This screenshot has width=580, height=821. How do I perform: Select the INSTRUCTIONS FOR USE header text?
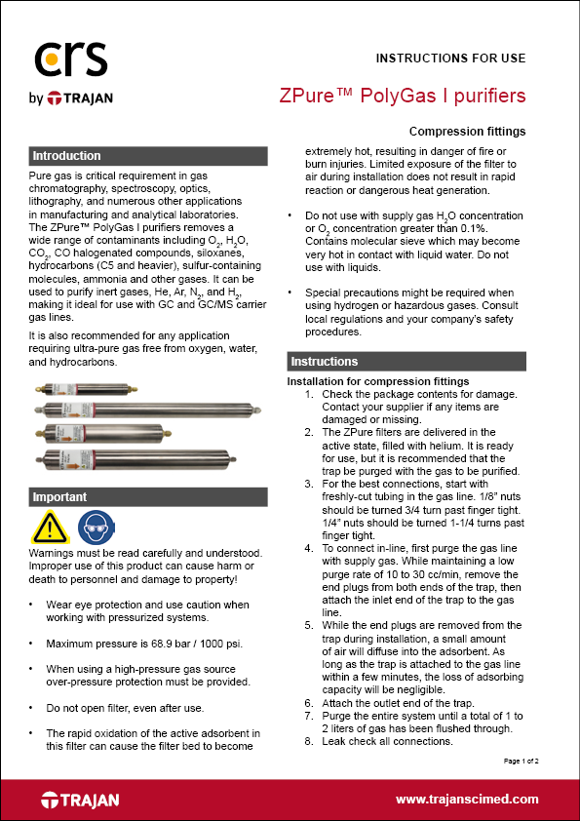coord(450,58)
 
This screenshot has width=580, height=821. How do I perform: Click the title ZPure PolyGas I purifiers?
coord(402,97)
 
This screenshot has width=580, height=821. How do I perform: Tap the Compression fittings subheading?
coord(467,132)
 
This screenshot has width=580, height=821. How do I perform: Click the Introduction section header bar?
coord(147,156)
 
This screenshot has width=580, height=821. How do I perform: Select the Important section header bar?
coord(147,497)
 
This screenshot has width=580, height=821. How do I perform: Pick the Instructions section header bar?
coord(406,362)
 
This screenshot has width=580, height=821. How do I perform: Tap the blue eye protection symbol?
coord(93,528)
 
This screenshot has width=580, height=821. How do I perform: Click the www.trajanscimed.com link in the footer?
coord(466,800)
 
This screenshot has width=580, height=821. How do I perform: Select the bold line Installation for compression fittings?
coord(378,381)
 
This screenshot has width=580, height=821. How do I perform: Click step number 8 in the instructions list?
coord(309,741)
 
